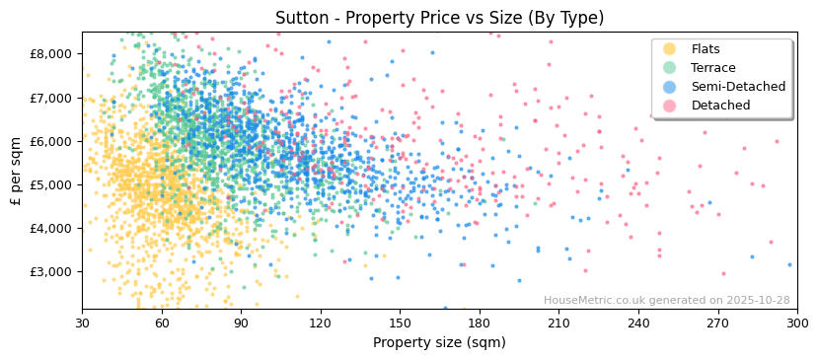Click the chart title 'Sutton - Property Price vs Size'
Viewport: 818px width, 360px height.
439,18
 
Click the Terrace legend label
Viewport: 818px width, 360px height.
713,68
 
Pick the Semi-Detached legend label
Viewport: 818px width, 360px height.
738,87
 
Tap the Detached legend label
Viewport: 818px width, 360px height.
720,106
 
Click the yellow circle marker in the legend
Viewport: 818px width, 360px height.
669,49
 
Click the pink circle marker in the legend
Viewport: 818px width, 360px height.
669,106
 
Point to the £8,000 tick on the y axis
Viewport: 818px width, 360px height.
51,54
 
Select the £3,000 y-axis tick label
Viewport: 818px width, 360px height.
51,271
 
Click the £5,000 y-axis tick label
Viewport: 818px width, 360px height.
51,184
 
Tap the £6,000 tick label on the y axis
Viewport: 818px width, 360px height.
51,141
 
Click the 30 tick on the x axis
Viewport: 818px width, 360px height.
82,324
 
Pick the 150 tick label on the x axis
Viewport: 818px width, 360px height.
400,324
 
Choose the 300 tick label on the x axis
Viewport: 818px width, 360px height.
796,324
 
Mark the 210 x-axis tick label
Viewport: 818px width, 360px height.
558,324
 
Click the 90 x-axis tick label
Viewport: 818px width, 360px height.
241,324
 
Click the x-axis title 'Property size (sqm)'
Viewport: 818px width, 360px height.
439,343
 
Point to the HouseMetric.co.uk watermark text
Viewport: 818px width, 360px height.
666,301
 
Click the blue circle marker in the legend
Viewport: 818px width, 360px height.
669,87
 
